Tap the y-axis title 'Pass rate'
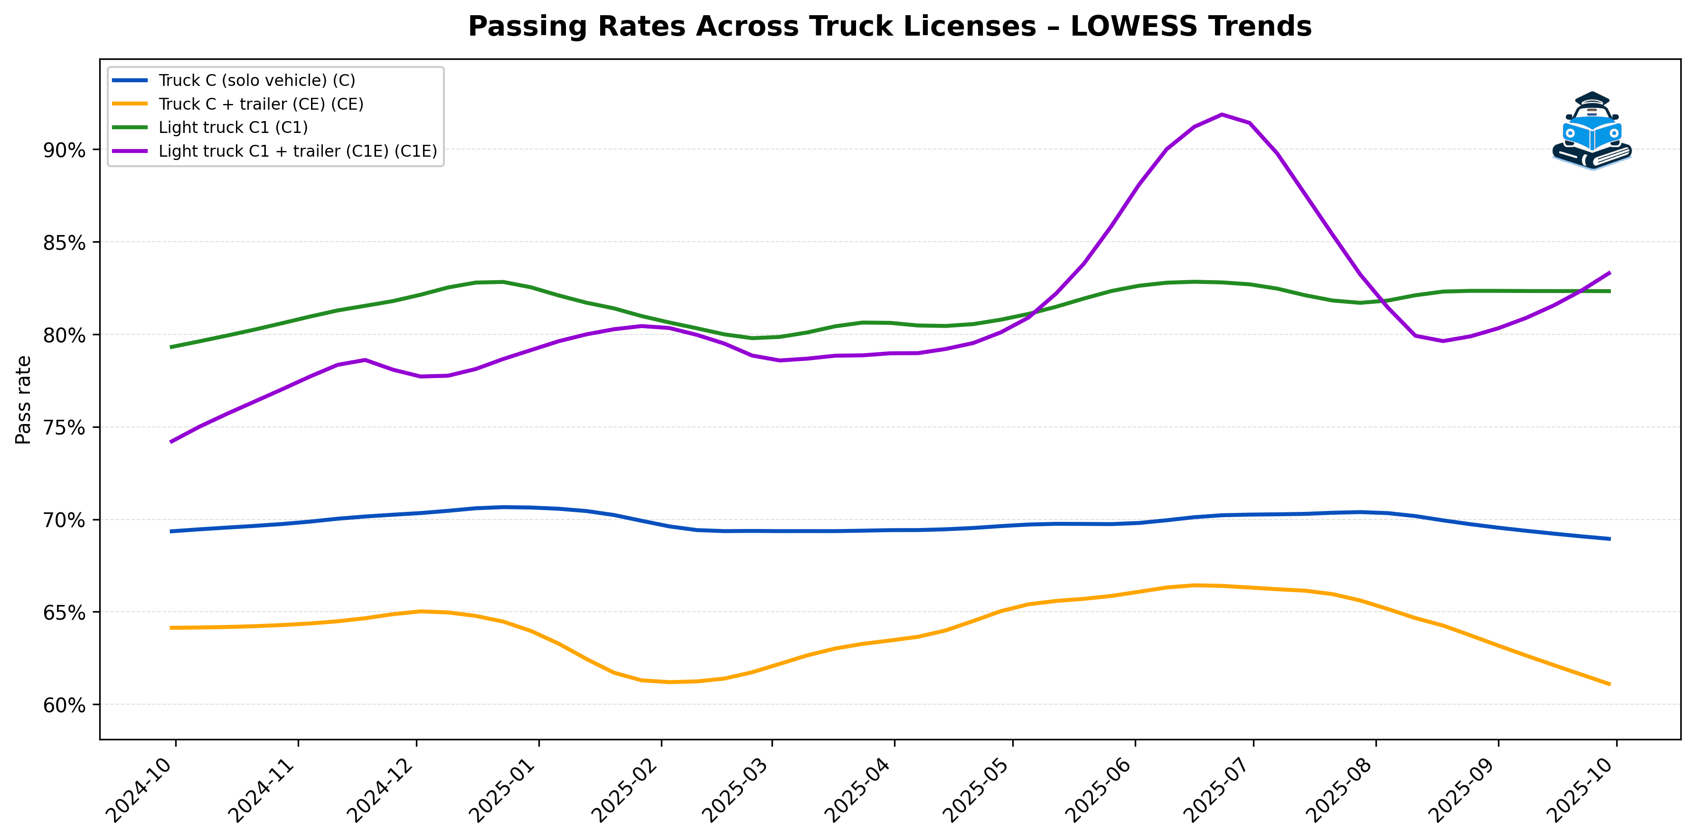point(23,400)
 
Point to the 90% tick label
point(65,150)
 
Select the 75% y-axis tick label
point(65,428)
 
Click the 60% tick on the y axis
point(65,705)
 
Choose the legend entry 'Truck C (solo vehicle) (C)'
point(256,80)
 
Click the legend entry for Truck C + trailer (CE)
point(261,104)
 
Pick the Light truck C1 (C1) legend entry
point(233,127)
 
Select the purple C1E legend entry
point(297,151)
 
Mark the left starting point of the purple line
point(171,442)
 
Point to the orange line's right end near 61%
point(1610,684)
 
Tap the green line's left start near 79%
point(171,347)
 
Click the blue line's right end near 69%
point(1610,538)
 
